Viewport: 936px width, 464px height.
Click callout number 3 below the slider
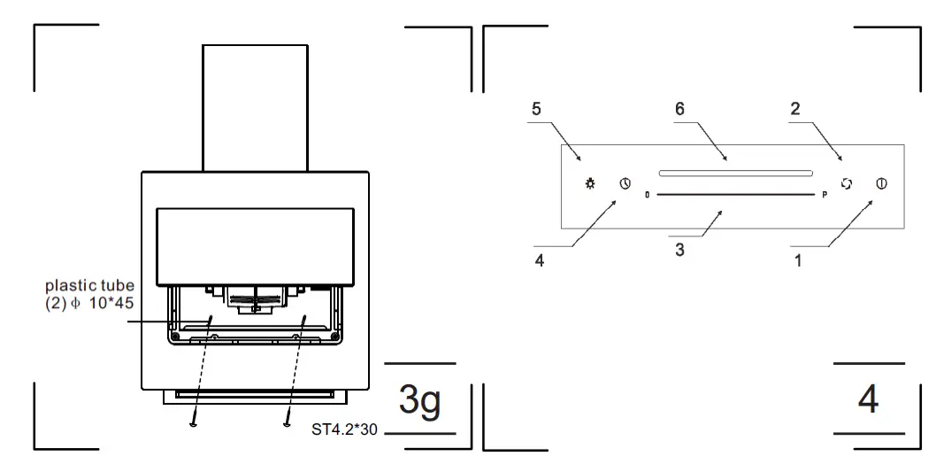(679, 251)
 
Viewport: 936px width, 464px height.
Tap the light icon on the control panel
(590, 184)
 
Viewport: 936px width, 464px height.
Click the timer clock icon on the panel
(625, 184)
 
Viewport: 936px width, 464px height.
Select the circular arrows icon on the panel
(847, 184)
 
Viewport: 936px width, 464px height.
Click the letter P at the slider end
(825, 194)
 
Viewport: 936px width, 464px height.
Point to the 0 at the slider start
(648, 194)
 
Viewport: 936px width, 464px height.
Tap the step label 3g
(420, 399)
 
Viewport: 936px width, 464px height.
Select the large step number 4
(869, 399)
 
